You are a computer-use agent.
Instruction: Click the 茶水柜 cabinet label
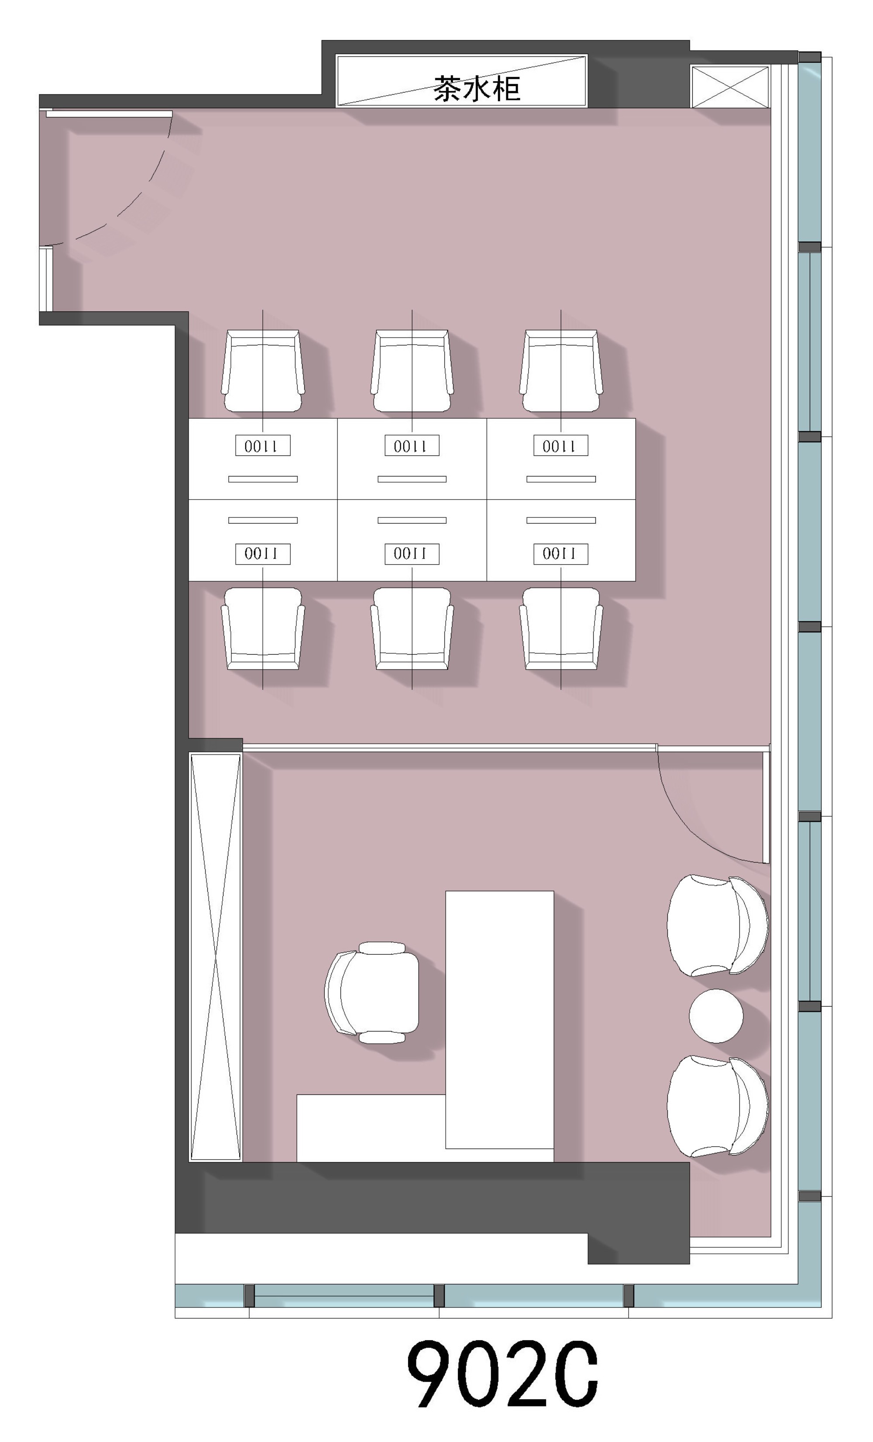(477, 88)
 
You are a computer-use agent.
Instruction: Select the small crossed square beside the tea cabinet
(730, 86)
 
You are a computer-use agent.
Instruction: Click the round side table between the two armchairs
(715, 1015)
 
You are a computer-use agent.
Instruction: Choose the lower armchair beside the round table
(717, 1106)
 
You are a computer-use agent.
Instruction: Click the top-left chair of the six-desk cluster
(263, 370)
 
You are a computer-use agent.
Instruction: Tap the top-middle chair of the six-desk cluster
(412, 370)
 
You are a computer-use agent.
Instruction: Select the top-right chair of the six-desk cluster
(561, 370)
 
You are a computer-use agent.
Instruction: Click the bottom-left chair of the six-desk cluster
(263, 628)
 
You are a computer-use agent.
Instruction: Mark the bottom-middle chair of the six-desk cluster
(412, 628)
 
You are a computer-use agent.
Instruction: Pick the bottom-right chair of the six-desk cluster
(561, 628)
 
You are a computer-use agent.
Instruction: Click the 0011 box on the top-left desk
(263, 446)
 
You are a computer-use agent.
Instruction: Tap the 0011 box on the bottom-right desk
(560, 554)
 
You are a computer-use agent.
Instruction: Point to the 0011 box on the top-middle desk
(412, 446)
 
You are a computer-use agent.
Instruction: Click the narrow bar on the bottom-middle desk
(412, 520)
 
